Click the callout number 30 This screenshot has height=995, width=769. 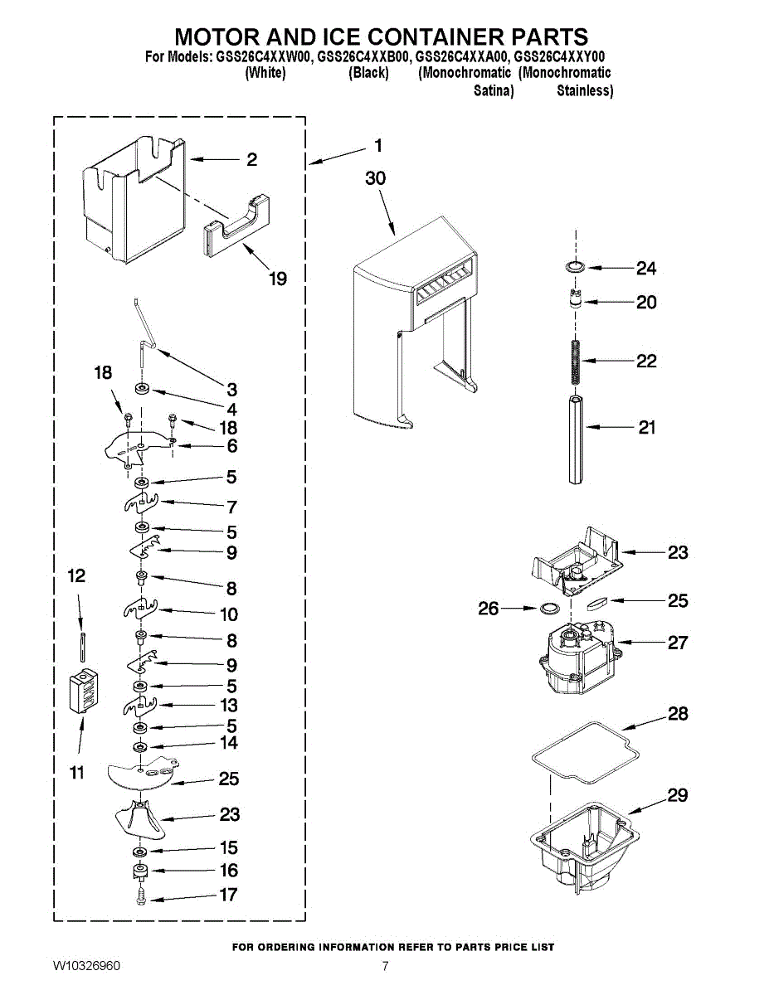click(x=376, y=178)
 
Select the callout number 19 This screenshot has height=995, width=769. click(x=278, y=279)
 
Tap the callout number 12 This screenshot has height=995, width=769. click(x=76, y=575)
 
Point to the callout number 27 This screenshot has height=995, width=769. click(x=679, y=643)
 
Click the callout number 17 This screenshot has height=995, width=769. click(x=229, y=895)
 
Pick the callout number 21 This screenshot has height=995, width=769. click(x=647, y=427)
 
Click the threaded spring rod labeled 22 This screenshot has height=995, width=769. click(x=573, y=362)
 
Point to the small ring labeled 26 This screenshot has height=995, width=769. click(x=548, y=609)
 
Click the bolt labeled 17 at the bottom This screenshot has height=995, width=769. click(x=141, y=896)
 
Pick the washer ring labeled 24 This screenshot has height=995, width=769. click(x=573, y=267)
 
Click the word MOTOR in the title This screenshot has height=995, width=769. click(x=217, y=36)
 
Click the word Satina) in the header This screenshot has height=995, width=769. click(x=494, y=90)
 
